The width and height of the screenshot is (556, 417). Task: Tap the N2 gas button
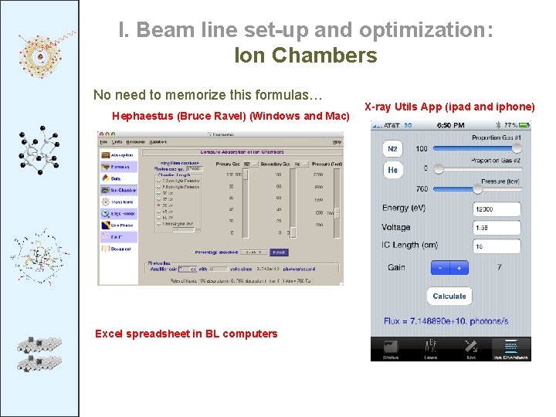tap(392, 148)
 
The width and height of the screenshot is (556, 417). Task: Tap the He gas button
tap(392, 170)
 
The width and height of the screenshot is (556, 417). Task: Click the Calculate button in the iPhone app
tap(449, 296)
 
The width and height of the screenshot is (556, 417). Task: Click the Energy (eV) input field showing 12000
tap(496, 209)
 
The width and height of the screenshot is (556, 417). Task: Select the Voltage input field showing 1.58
tap(496, 228)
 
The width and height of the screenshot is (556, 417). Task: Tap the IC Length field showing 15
tap(496, 246)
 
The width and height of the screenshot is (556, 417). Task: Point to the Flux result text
tap(450, 320)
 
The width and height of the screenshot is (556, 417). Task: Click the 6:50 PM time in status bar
tap(451, 125)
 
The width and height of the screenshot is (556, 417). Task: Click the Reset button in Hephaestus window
tap(279, 252)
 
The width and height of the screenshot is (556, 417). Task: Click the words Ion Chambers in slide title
tap(305, 56)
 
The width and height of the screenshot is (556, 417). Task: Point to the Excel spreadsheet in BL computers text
tap(185, 334)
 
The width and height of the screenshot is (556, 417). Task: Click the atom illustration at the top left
tap(39, 54)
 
